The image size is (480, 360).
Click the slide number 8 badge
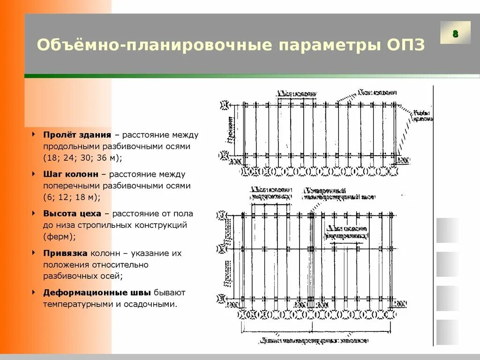click(x=455, y=34)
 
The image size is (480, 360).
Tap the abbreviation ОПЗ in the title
click(x=406, y=45)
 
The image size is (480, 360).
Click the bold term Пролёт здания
click(x=77, y=135)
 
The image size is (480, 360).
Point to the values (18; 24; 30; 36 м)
click(x=82, y=158)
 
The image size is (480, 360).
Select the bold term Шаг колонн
click(x=71, y=174)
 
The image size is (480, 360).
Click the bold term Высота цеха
click(x=72, y=214)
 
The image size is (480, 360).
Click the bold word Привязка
click(x=65, y=253)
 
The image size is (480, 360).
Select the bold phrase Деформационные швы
click(x=97, y=292)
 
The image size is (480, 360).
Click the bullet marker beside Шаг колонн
click(x=33, y=174)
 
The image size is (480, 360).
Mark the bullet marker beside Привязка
click(x=33, y=253)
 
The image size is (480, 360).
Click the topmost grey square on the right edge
click(x=447, y=230)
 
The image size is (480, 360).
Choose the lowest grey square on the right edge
click(x=447, y=332)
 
